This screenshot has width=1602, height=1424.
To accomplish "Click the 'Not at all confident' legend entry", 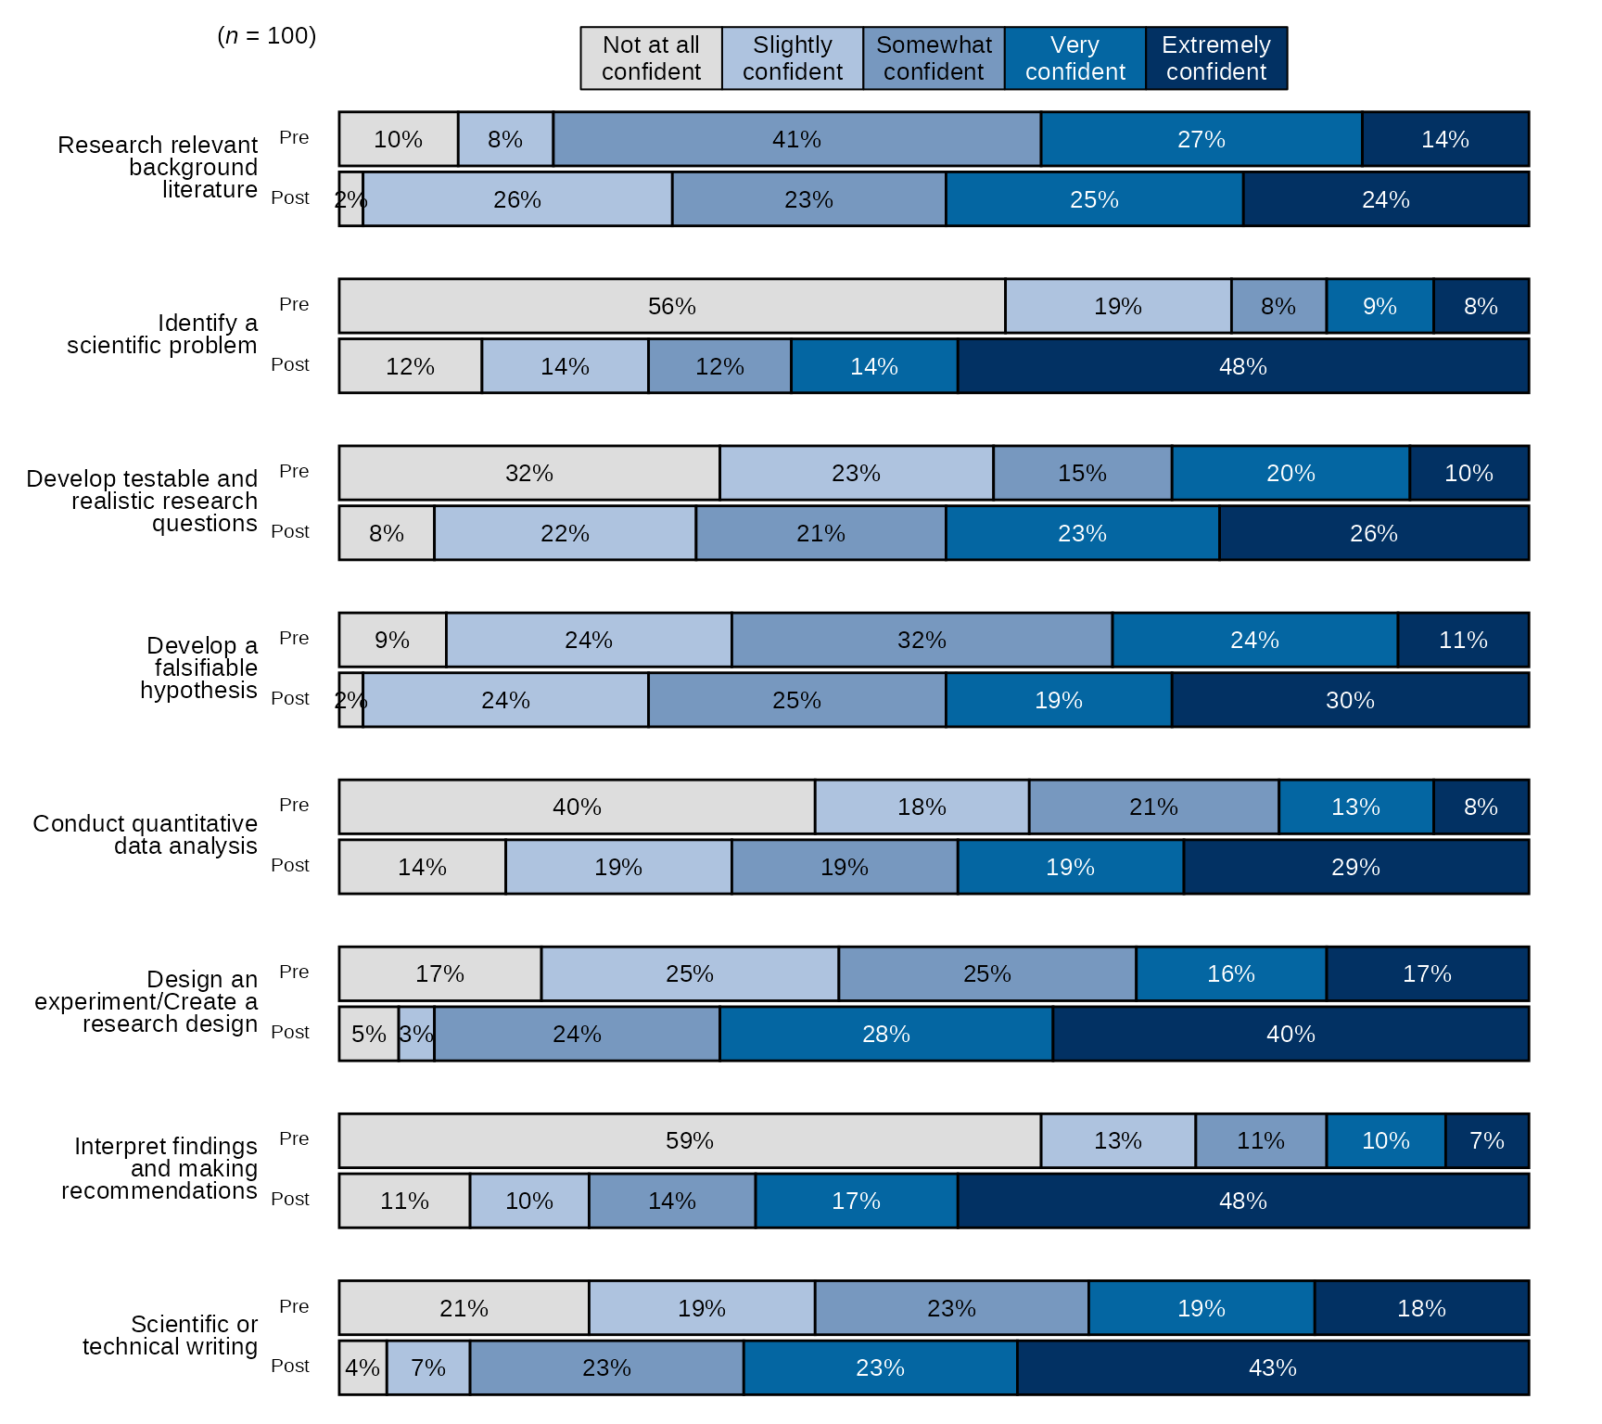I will pyautogui.click(x=651, y=58).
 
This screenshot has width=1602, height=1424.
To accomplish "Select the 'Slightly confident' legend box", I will pyautogui.click(x=792, y=58).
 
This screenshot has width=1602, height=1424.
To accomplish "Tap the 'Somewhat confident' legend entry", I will pyautogui.click(x=934, y=58).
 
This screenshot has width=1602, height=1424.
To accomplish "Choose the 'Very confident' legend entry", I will pyautogui.click(x=1074, y=58).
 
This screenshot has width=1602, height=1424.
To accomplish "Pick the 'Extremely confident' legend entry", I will pyautogui.click(x=1215, y=58).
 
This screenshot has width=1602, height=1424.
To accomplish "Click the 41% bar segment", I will pyautogui.click(x=796, y=139).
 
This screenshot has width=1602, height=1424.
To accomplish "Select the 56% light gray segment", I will pyautogui.click(x=671, y=306).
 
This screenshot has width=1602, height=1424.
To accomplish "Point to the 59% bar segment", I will pyautogui.click(x=689, y=1140).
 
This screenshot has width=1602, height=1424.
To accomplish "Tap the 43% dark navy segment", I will pyautogui.click(x=1272, y=1367).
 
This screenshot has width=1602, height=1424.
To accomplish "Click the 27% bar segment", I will pyautogui.click(x=1201, y=139).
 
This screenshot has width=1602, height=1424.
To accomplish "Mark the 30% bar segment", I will pyautogui.click(x=1349, y=700).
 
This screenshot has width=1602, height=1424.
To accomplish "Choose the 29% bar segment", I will pyautogui.click(x=1354, y=867).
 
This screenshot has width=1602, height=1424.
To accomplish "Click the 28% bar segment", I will pyautogui.click(x=885, y=1034).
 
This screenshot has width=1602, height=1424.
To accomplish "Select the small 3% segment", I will pyautogui.click(x=416, y=1034).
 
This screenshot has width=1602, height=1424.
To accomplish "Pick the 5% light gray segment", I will pyautogui.click(x=368, y=1034).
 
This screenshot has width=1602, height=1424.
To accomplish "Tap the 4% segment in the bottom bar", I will pyautogui.click(x=362, y=1367).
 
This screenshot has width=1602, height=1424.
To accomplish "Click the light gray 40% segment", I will pyautogui.click(x=576, y=807).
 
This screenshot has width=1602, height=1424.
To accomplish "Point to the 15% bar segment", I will pyautogui.click(x=1082, y=473).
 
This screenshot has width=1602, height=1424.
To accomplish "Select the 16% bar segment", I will pyautogui.click(x=1230, y=973).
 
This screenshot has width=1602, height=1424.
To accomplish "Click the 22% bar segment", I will pyautogui.click(x=565, y=533).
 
